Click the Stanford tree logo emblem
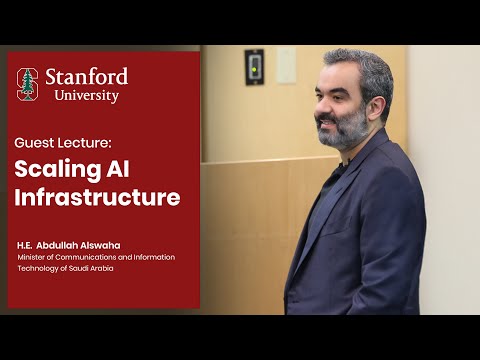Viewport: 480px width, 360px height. point(28,84)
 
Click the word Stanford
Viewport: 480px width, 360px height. point(86,77)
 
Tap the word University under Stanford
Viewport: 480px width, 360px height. point(86,96)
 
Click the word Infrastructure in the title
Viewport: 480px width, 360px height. point(98,197)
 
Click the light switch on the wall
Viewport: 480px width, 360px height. point(255,67)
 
